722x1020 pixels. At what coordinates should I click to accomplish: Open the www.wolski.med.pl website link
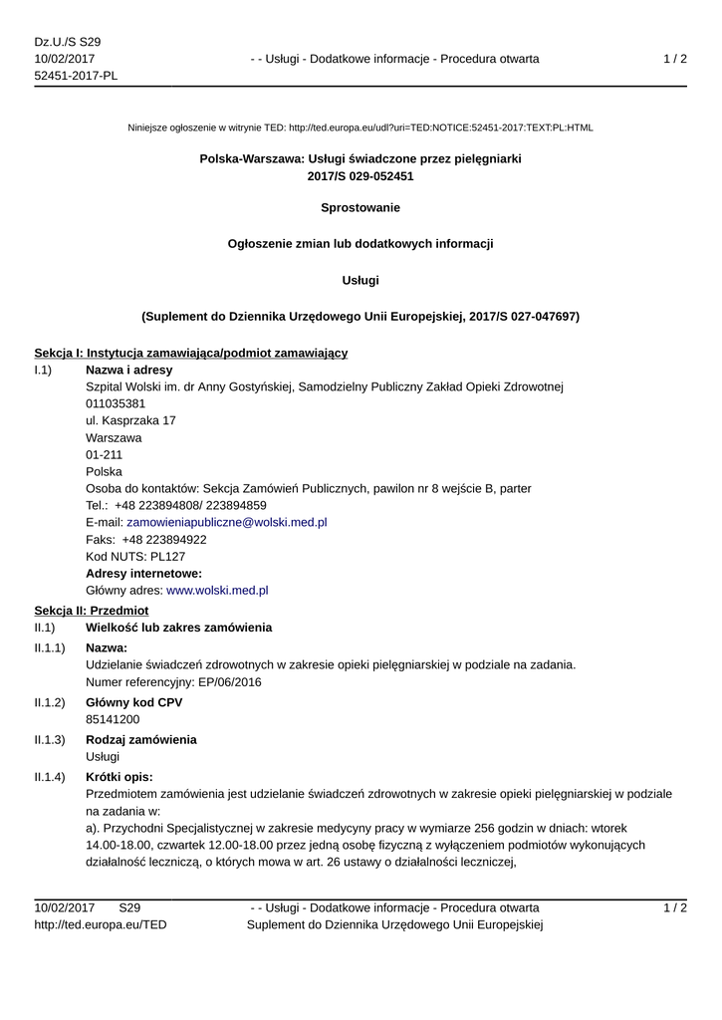217,591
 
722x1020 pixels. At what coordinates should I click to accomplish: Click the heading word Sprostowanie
361,208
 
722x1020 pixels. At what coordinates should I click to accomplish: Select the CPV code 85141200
113,719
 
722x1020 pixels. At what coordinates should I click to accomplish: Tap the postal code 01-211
105,454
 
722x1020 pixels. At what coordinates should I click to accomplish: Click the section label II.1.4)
50,777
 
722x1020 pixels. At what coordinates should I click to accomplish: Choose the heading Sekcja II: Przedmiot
91,610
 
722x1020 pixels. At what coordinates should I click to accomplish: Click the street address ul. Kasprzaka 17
131,420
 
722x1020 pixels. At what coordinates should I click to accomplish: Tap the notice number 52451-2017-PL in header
76,77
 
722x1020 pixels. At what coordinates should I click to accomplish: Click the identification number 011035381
116,403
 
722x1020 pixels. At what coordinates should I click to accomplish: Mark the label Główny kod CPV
134,702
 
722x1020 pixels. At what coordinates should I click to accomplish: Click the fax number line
146,539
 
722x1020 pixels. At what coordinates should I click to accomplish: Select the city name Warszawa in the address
114,437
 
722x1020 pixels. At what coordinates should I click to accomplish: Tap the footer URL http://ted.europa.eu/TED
101,925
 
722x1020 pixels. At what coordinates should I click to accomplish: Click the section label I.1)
43,370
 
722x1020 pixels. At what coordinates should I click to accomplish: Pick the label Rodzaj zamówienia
141,740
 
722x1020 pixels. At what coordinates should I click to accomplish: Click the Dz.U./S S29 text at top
68,42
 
